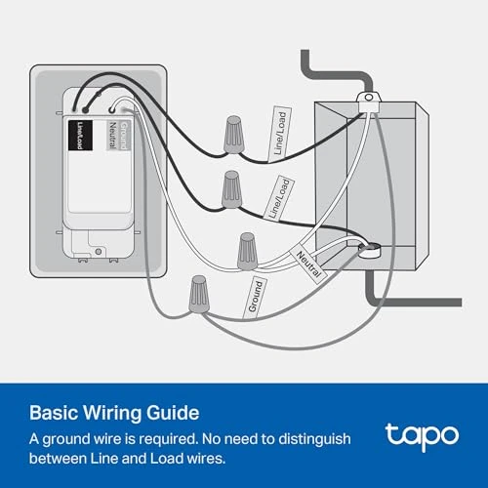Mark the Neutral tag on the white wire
click(309, 263)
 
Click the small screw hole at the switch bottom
click(100, 251)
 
